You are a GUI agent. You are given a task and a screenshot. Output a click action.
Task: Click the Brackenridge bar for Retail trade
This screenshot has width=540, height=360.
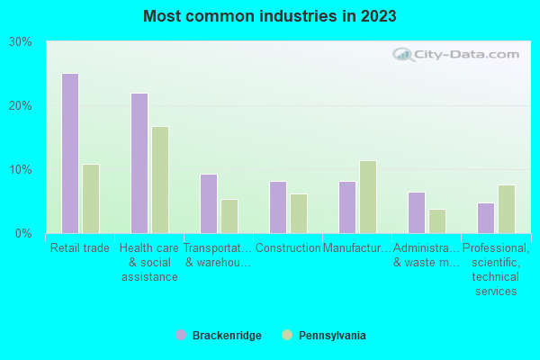(x=69, y=153)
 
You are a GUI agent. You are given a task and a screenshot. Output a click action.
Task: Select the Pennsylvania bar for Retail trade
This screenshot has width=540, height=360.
(x=90, y=198)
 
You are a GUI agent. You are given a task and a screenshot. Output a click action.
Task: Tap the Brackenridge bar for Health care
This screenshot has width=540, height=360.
(x=139, y=163)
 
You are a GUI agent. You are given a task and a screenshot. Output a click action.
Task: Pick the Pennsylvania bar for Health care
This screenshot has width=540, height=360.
(x=159, y=179)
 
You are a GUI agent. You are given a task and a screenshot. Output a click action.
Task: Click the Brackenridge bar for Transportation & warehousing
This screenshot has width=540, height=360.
(x=208, y=203)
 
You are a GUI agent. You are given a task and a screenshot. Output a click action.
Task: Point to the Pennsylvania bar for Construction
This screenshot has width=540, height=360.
(x=298, y=213)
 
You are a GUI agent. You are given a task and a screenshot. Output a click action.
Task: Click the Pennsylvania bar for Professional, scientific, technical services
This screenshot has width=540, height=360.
(x=506, y=209)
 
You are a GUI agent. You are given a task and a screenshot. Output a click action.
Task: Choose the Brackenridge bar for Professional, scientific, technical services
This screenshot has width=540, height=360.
(x=485, y=218)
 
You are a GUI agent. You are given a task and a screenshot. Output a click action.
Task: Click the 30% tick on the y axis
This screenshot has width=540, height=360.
(x=21, y=42)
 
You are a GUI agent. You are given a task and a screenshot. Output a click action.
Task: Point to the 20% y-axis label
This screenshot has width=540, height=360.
(x=21, y=105)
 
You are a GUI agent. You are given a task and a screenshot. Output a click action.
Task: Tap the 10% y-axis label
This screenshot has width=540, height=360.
(x=21, y=170)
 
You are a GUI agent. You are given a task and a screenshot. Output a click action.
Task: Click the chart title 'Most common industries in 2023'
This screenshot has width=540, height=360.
(x=269, y=16)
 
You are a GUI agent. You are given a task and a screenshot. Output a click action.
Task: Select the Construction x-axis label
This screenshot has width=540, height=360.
(x=288, y=247)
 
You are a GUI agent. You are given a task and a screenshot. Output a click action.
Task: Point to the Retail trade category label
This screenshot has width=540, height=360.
(x=80, y=247)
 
